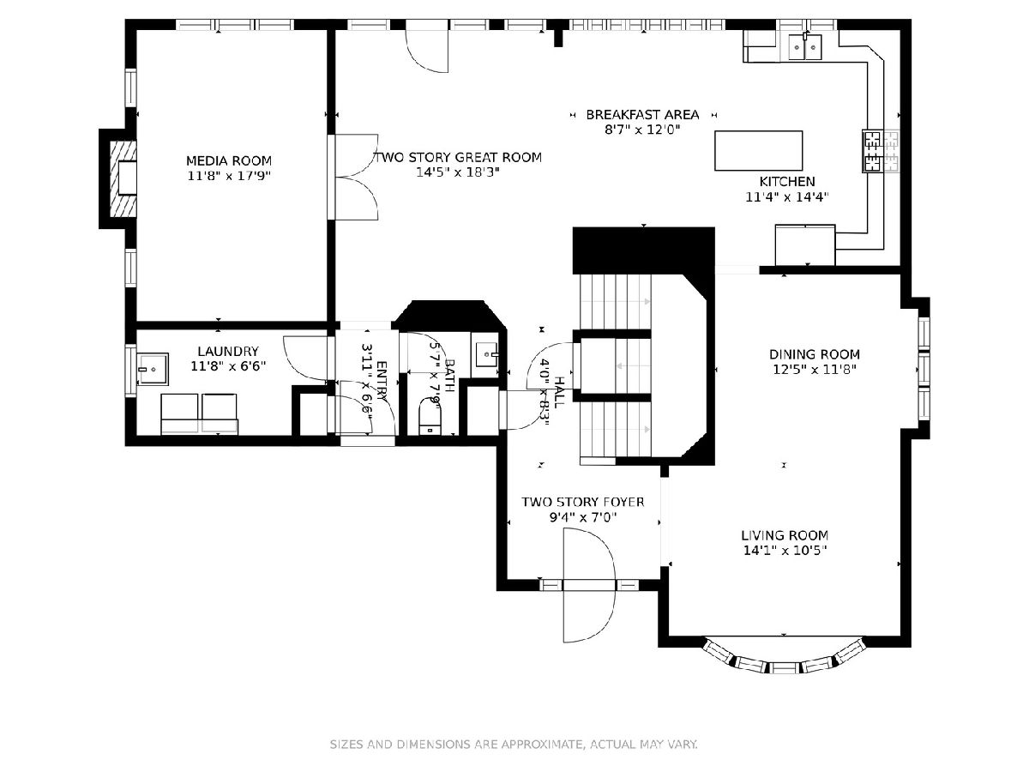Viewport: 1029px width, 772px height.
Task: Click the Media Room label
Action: click(x=229, y=160)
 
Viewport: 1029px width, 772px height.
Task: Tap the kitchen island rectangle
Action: click(x=758, y=150)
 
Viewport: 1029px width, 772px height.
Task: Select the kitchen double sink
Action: click(x=805, y=47)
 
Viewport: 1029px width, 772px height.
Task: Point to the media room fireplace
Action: click(x=123, y=178)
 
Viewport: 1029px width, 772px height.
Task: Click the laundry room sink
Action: click(x=153, y=369)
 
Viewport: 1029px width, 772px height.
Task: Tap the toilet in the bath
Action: click(x=430, y=416)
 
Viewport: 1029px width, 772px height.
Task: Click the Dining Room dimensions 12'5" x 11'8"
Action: click(x=815, y=370)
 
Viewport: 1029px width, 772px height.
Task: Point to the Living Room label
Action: click(x=785, y=534)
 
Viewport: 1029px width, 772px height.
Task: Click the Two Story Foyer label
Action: click(x=583, y=502)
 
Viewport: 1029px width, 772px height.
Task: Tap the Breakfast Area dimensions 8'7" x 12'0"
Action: click(x=642, y=130)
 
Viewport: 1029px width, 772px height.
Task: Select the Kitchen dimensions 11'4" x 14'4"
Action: click(x=787, y=197)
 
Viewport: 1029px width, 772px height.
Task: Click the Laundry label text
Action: click(x=228, y=351)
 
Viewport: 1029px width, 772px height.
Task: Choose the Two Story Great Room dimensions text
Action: click(x=458, y=172)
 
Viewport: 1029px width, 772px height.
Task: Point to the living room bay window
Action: click(x=785, y=659)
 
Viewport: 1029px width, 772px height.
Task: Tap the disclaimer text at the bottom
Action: click(x=514, y=744)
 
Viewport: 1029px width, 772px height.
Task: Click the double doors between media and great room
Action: click(x=356, y=178)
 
